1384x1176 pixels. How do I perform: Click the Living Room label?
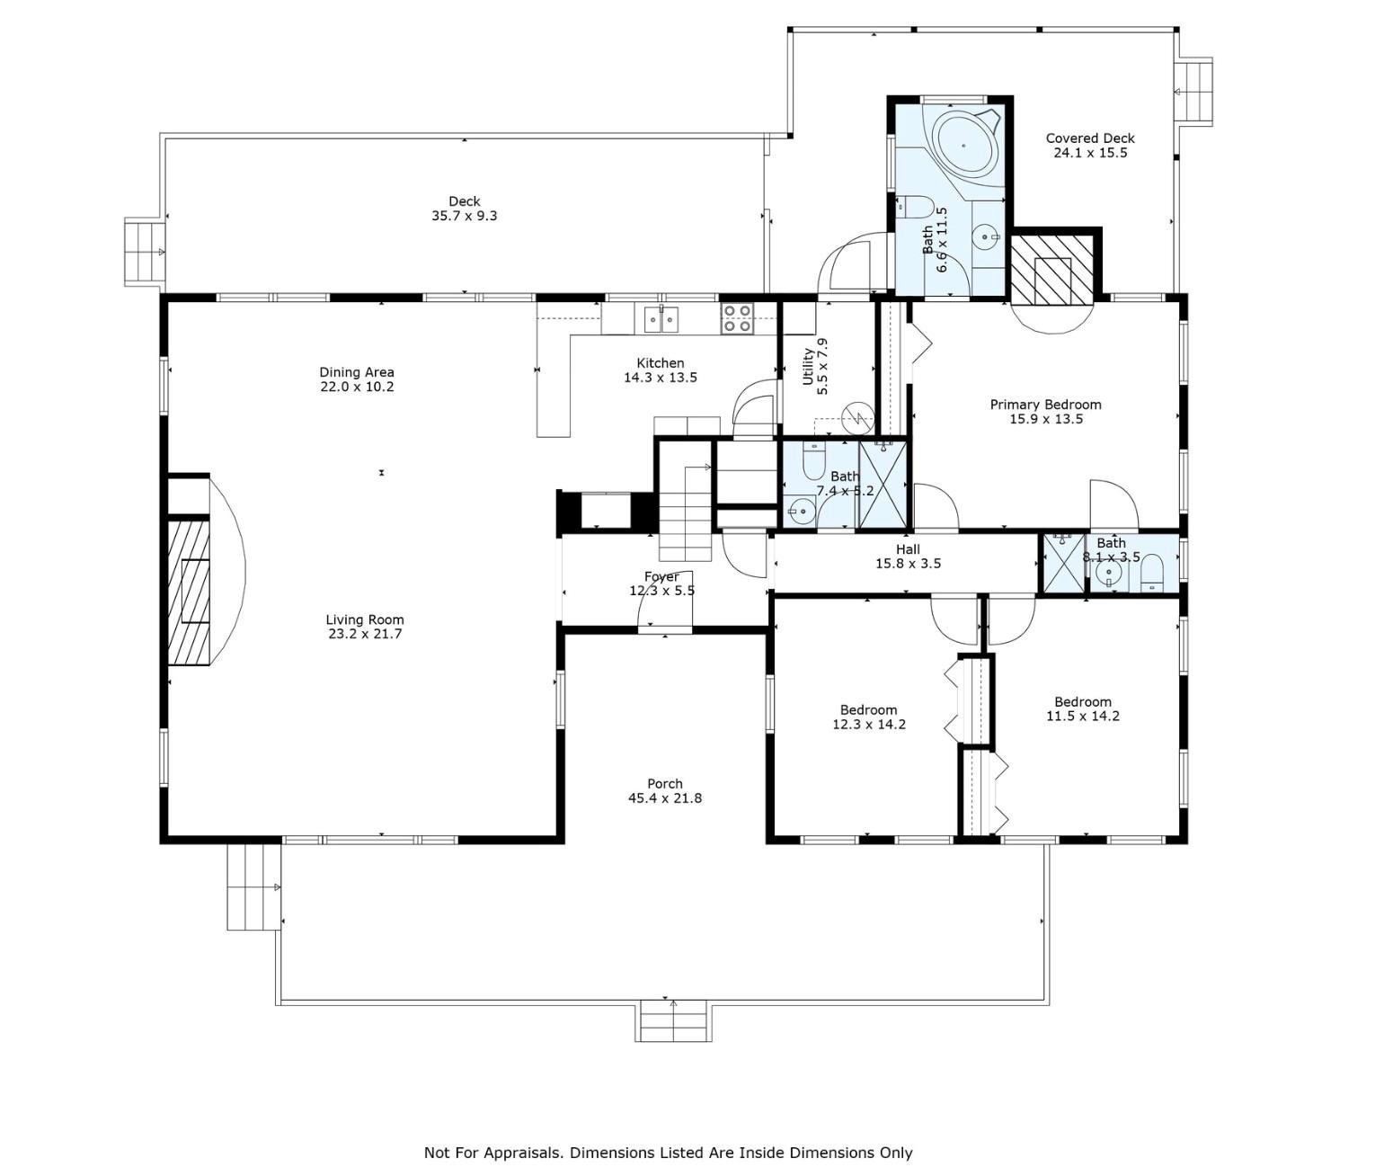[x=364, y=619]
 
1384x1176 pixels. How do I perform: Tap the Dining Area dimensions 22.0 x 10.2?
[x=357, y=388]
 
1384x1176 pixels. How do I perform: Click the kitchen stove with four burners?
[x=738, y=319]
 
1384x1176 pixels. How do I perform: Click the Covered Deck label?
[x=1089, y=138]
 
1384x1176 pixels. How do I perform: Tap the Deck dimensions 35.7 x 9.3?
[x=464, y=216]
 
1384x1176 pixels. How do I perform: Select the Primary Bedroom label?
[x=1045, y=405]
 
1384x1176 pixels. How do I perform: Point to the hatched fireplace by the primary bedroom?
[x=1052, y=267]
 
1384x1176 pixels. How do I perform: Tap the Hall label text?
[x=908, y=549]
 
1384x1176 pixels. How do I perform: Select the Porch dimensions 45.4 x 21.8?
[x=664, y=798]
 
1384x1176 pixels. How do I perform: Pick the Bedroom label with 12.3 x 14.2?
[x=868, y=709]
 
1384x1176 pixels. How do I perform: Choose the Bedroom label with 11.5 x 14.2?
[x=1082, y=702]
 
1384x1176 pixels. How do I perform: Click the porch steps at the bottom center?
[x=675, y=1021]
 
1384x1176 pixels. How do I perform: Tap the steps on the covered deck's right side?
[x=1194, y=91]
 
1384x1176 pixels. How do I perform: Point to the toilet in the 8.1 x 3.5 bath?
[x=1152, y=573]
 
